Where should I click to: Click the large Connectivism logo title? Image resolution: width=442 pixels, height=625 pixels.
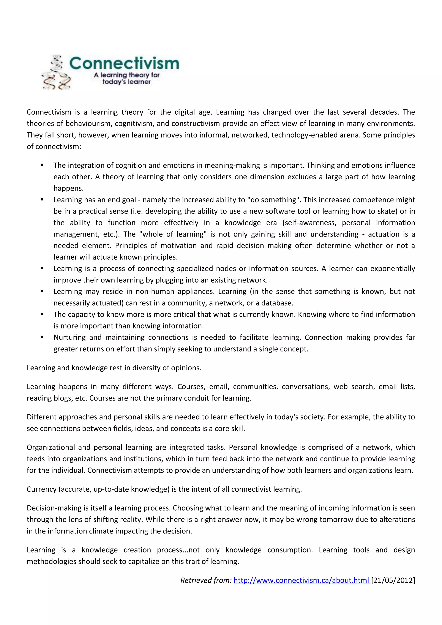pyautogui.click(x=124, y=63)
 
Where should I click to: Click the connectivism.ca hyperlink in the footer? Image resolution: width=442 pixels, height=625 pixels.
pyautogui.click(x=302, y=580)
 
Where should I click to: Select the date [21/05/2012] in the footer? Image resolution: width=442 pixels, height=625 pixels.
pyautogui.click(x=393, y=580)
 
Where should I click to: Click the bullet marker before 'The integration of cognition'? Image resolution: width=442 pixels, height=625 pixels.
pyautogui.click(x=42, y=165)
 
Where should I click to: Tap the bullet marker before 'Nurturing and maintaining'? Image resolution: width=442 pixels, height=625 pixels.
pyautogui.click(x=42, y=337)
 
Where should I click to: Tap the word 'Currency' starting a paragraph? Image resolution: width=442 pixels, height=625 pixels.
pyautogui.click(x=41, y=489)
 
